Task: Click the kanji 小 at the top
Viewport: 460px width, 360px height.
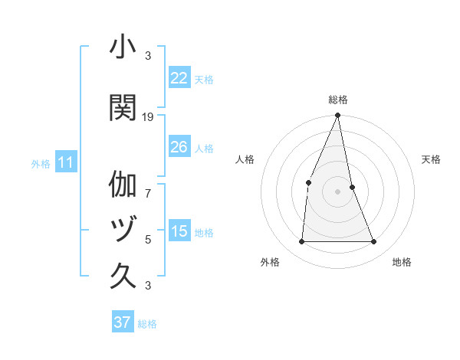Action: pyautogui.click(x=123, y=47)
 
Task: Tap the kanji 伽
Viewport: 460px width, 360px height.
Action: pyautogui.click(x=123, y=185)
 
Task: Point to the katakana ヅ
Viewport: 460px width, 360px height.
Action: pyautogui.click(x=123, y=228)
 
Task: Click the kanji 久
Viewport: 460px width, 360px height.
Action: pyautogui.click(x=123, y=275)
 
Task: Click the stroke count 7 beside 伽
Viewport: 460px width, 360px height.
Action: pyautogui.click(x=148, y=185)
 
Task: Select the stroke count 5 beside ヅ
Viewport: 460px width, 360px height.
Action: pyautogui.click(x=148, y=239)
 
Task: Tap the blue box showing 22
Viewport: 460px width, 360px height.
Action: pyautogui.click(x=179, y=78)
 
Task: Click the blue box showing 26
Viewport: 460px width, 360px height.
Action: pyautogui.click(x=179, y=147)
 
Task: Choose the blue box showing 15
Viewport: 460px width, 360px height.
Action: pyautogui.click(x=179, y=231)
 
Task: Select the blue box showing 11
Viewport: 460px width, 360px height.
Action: pyautogui.click(x=65, y=162)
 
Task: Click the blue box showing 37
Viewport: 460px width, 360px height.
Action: pyautogui.click(x=123, y=322)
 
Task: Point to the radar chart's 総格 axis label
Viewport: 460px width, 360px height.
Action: pyautogui.click(x=338, y=100)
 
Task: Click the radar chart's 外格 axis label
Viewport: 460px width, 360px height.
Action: pyautogui.click(x=270, y=262)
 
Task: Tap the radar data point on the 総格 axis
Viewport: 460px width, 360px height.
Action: pyautogui.click(x=338, y=116)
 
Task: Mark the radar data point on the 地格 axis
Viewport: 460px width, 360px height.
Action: pyautogui.click(x=374, y=241)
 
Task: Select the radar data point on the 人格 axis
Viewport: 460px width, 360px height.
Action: pyautogui.click(x=308, y=182)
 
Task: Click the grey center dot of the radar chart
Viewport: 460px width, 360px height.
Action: pyautogui.click(x=338, y=191)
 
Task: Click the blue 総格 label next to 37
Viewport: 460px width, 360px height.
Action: pyautogui.click(x=147, y=323)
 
